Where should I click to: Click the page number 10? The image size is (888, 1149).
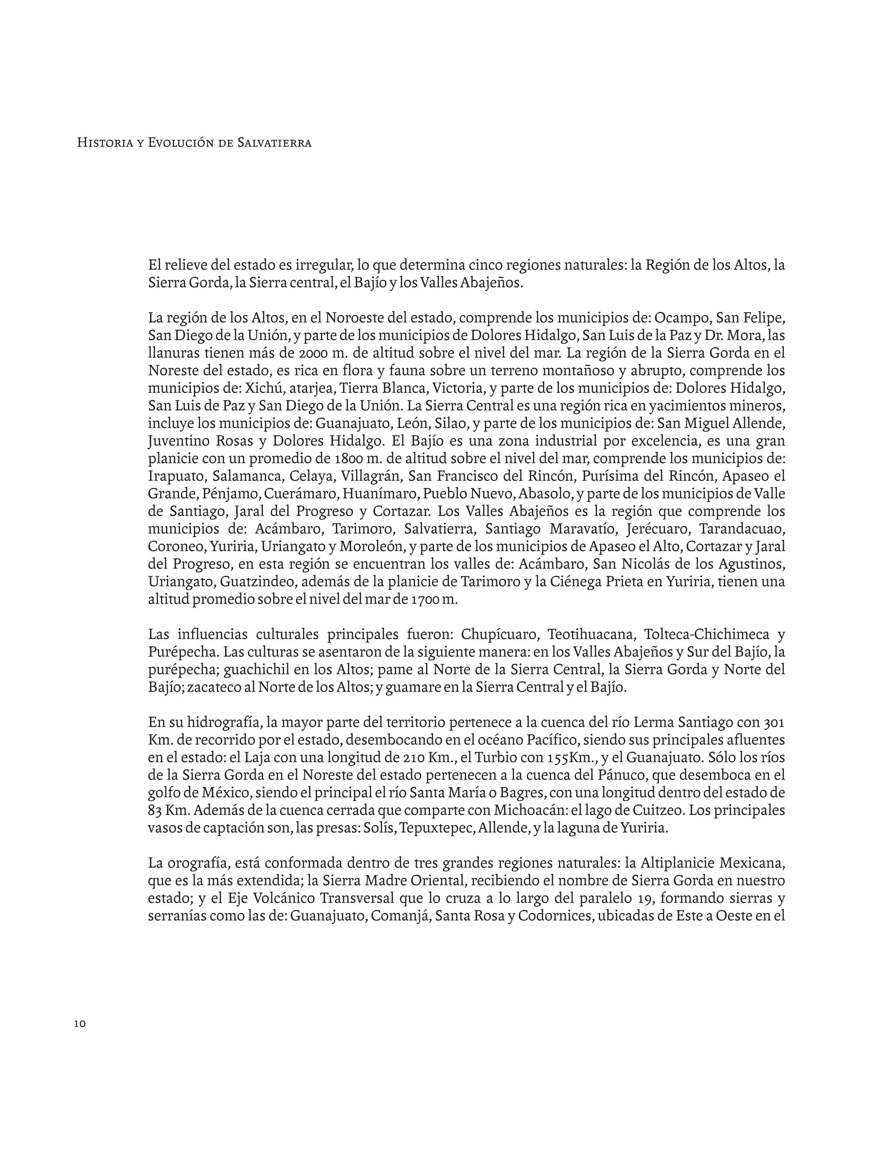click(80, 1024)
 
